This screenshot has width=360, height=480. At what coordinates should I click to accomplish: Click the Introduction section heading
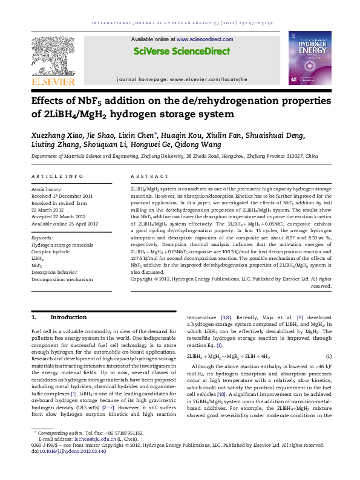pos(61,317)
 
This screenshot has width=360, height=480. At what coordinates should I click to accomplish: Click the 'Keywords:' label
pos(41,231)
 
